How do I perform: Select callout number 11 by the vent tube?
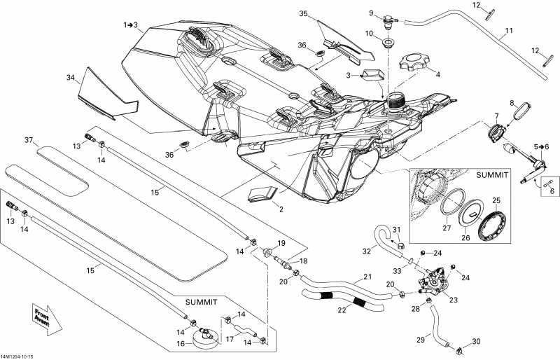(x=509, y=31)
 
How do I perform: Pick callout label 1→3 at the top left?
(x=131, y=25)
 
